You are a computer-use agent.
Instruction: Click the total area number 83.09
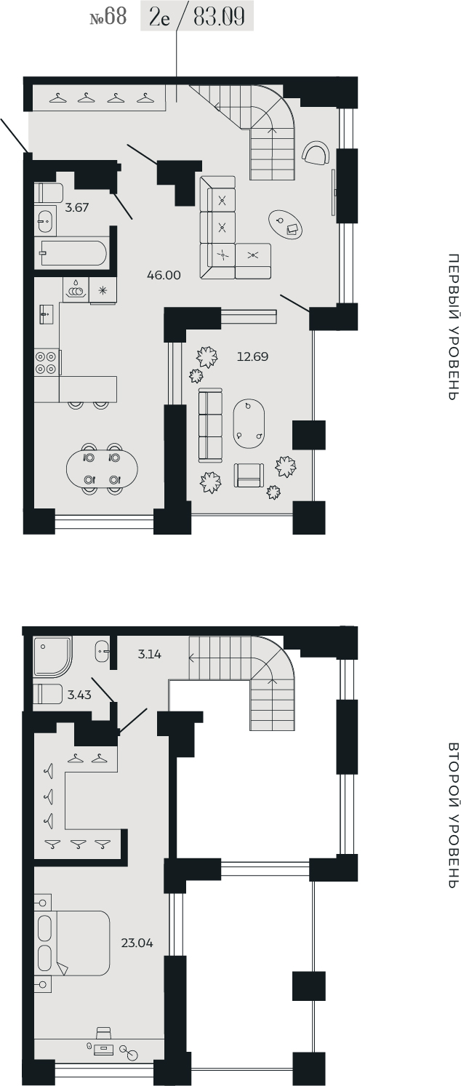point(219,17)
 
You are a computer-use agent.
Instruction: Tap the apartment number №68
point(108,17)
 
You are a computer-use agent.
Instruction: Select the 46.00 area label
point(164,276)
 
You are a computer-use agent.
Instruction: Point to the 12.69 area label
point(252,357)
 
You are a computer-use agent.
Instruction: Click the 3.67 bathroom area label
point(77,207)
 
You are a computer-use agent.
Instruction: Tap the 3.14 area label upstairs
point(149,654)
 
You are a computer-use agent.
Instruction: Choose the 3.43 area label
point(79,695)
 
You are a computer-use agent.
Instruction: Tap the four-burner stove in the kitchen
point(47,363)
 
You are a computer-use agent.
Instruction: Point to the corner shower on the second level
point(52,657)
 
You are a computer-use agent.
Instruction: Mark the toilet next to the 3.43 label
point(48,694)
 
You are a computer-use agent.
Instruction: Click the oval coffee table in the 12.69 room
point(248,424)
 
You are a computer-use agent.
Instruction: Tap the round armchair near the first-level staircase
point(316,153)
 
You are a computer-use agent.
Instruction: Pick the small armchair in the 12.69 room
point(249,475)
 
